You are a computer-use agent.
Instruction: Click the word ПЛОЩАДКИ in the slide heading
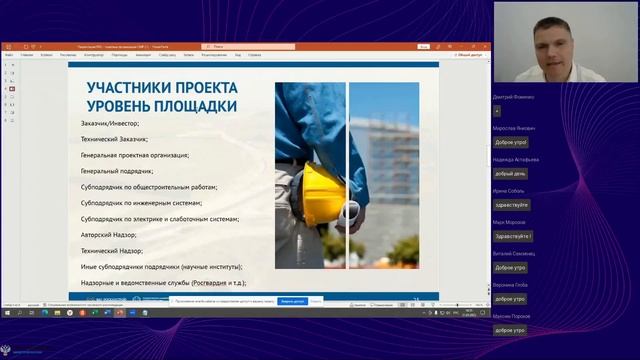[198, 105]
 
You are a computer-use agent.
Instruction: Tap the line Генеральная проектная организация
[134, 155]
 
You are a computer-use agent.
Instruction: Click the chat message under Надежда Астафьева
[510, 173]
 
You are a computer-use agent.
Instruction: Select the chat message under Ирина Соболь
[511, 204]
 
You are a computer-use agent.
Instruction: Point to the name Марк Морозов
[510, 222]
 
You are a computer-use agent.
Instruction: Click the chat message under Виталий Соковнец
[510, 267]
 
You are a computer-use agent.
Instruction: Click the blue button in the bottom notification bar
[291, 300]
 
